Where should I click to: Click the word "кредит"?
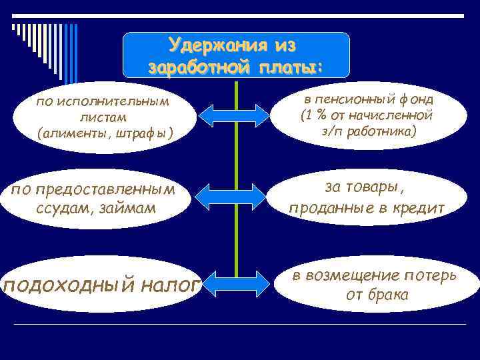[x=419, y=208]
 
